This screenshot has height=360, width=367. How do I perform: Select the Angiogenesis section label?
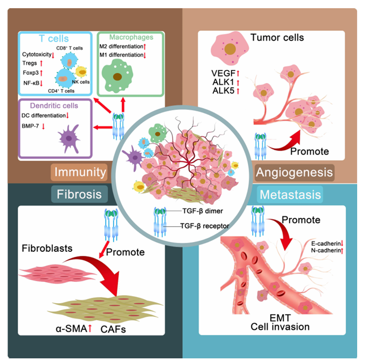point(293,172)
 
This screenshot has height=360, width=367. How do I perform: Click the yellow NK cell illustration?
point(82,72)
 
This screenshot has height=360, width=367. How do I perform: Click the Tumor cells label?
point(277,38)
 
